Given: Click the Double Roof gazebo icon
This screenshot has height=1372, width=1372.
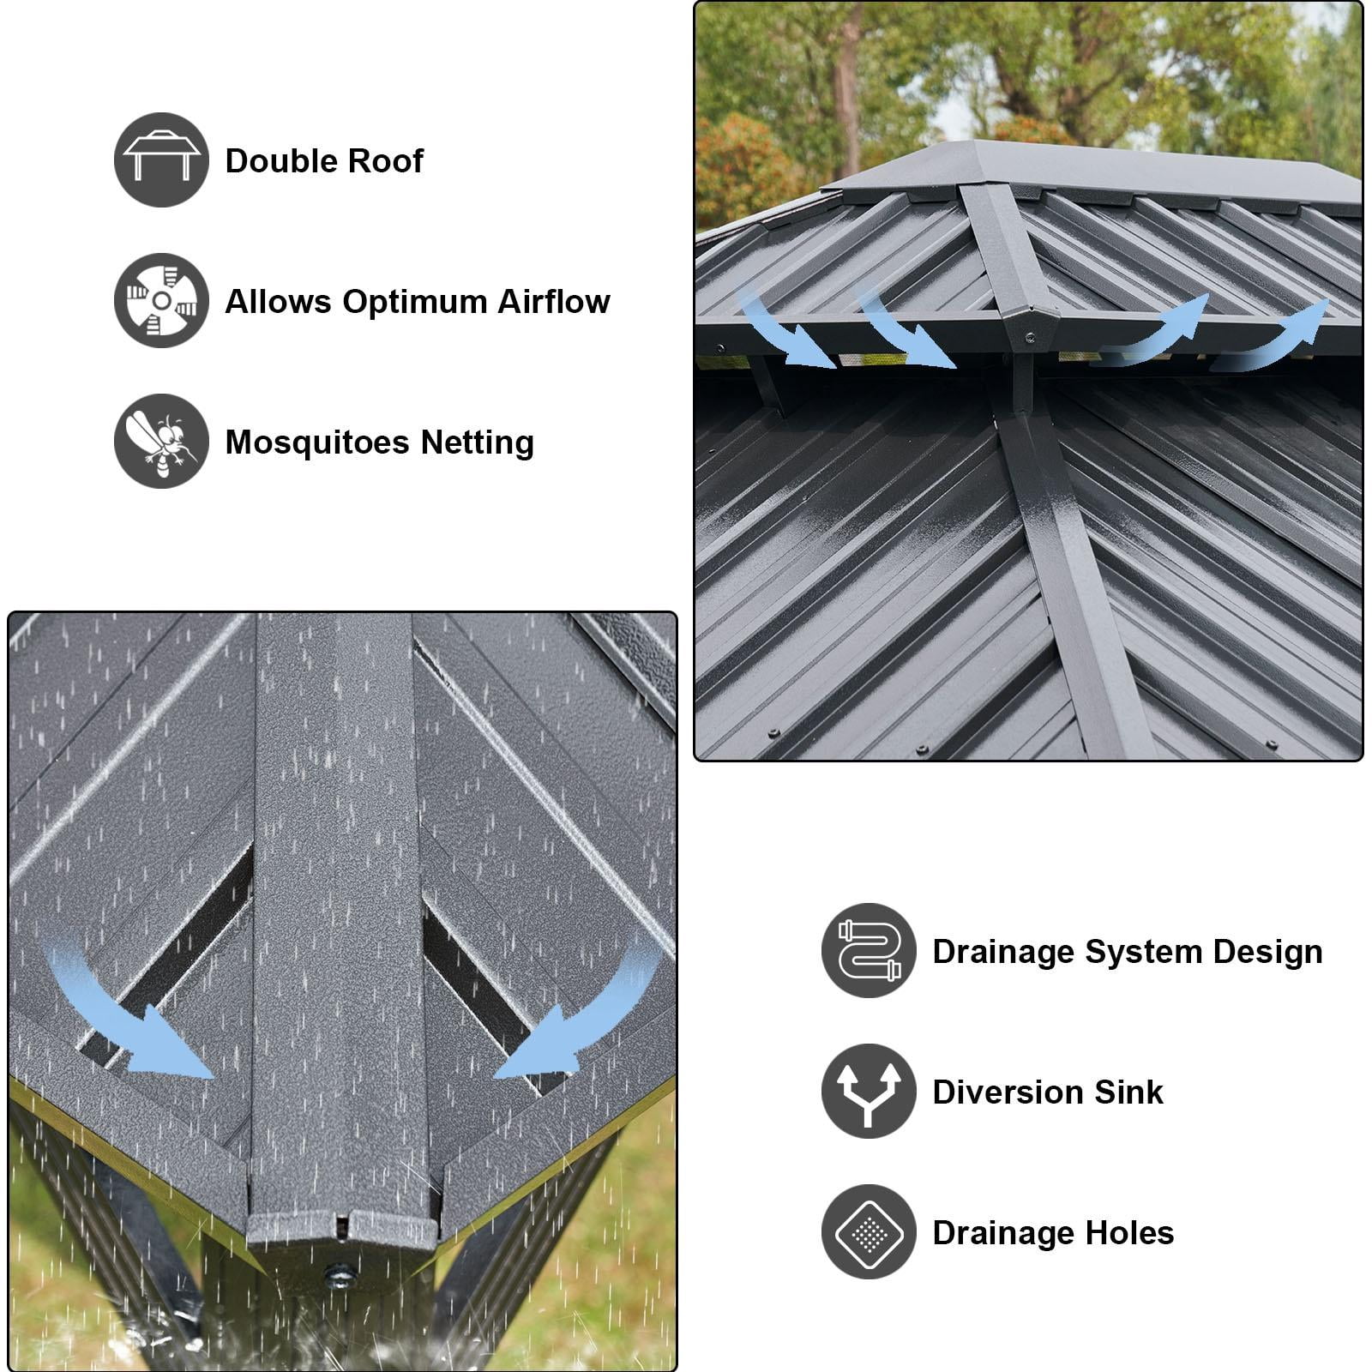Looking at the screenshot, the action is click(x=161, y=159).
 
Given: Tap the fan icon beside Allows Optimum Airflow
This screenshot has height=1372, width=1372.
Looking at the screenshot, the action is click(x=161, y=300).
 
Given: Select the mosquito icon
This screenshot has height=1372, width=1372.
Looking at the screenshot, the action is click(x=161, y=441).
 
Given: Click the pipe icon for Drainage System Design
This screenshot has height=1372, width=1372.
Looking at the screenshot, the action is click(x=869, y=950).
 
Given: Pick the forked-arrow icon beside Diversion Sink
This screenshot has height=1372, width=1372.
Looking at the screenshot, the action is click(x=869, y=1091).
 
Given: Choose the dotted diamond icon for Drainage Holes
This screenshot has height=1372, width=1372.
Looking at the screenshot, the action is click(x=869, y=1231).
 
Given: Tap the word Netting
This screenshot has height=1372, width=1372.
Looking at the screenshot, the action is click(x=477, y=443).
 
